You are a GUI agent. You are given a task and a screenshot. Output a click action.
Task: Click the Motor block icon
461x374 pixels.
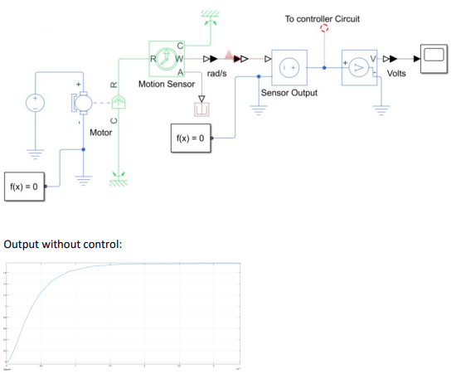point(85,104)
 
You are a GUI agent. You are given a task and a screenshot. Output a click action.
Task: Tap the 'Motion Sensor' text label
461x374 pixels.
point(167,84)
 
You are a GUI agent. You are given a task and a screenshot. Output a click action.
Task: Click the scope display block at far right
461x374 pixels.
point(434,56)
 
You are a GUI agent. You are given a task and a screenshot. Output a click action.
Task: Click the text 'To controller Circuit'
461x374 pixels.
point(323,17)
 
